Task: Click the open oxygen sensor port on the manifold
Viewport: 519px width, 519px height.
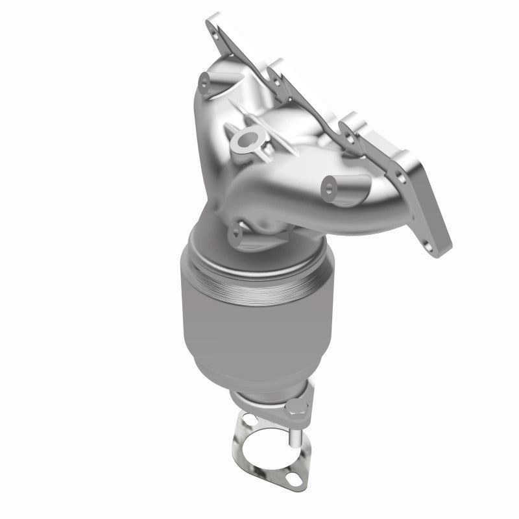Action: (x=246, y=139)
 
